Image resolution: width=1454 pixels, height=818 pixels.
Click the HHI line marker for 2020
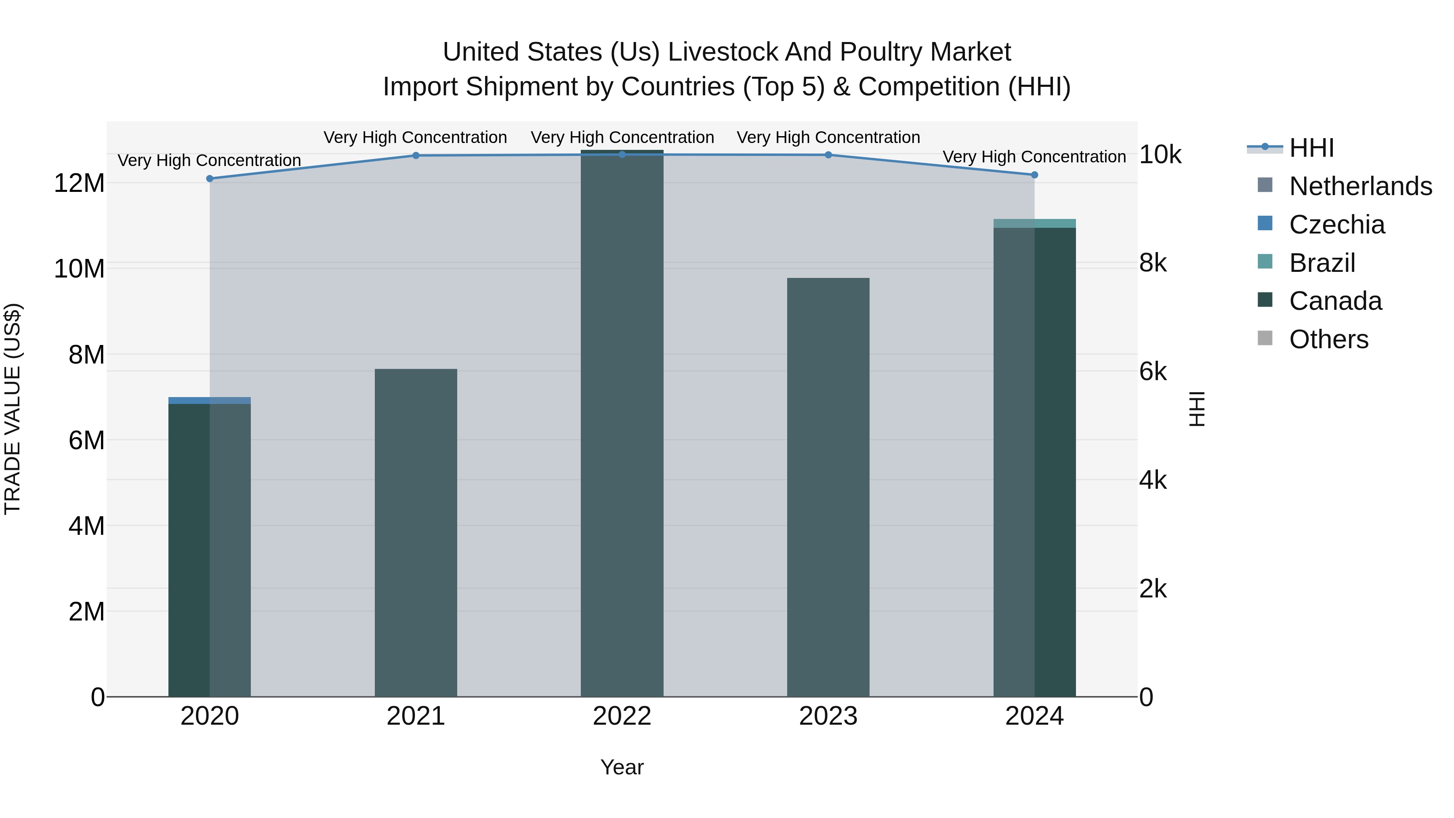pyautogui.click(x=209, y=179)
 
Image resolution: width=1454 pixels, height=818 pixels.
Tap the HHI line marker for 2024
pyautogui.click(x=1034, y=175)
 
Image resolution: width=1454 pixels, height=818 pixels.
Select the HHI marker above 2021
pyautogui.click(x=416, y=155)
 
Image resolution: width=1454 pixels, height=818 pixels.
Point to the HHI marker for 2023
pyautogui.click(x=828, y=155)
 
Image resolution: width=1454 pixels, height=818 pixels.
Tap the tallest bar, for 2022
pyautogui.click(x=622, y=423)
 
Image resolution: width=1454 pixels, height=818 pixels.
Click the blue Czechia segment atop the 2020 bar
pyautogui.click(x=209, y=400)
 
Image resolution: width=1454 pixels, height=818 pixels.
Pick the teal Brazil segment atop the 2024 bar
pyautogui.click(x=1034, y=223)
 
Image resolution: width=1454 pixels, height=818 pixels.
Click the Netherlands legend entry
pyautogui.click(x=1360, y=186)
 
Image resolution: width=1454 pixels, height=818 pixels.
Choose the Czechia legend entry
pyautogui.click(x=1336, y=225)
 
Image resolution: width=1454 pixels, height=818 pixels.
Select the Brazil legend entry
pyautogui.click(x=1322, y=263)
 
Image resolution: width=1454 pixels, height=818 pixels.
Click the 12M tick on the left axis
pyautogui.click(x=79, y=183)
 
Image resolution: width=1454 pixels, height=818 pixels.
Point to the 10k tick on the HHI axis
pyautogui.click(x=1160, y=155)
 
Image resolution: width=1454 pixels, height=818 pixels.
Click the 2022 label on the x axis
pyautogui.click(x=622, y=716)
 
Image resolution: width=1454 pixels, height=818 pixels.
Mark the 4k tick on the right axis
pyautogui.click(x=1153, y=480)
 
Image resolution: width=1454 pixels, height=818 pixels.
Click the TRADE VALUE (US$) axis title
pyautogui.click(x=13, y=409)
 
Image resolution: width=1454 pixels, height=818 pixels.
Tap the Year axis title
pyautogui.click(x=622, y=767)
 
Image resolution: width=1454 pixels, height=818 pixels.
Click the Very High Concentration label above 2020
pyautogui.click(x=209, y=160)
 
